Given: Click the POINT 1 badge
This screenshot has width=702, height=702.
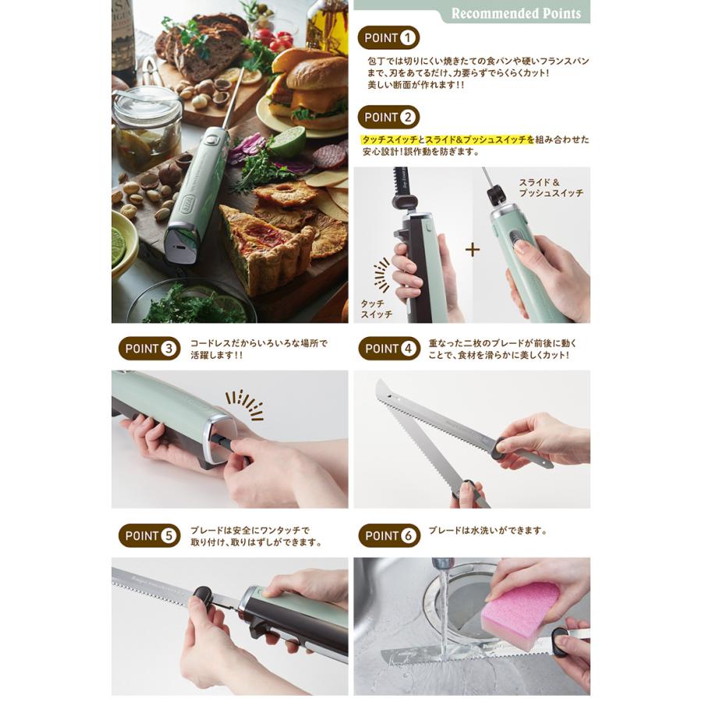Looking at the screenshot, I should pyautogui.click(x=388, y=37).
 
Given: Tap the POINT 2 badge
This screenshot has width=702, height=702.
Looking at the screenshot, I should pyautogui.click(x=388, y=117).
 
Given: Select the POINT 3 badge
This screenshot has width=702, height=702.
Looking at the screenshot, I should pyautogui.click(x=149, y=349).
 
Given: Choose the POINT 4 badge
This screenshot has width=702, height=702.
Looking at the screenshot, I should pyautogui.click(x=388, y=349).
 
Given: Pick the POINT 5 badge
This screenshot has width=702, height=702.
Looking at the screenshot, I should pyautogui.click(x=149, y=536).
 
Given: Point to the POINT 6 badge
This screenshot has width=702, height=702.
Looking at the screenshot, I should pyautogui.click(x=388, y=536).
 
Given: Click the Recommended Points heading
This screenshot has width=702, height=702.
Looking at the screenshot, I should pyautogui.click(x=516, y=13).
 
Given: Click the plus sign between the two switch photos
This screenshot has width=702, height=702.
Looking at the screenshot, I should pyautogui.click(x=473, y=250).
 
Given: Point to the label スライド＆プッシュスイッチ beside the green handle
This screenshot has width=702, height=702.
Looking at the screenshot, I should pyautogui.click(x=551, y=187).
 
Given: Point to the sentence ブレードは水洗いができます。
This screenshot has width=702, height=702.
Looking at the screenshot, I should pyautogui.click(x=487, y=531).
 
